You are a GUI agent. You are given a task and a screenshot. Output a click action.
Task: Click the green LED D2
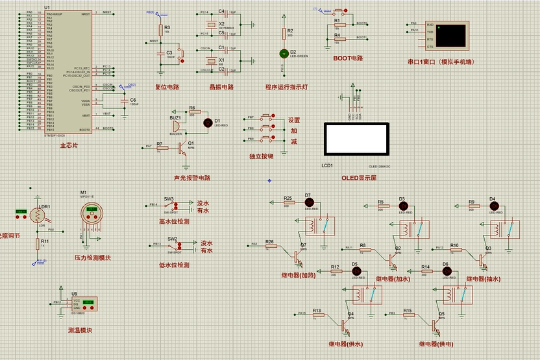click(x=283, y=53)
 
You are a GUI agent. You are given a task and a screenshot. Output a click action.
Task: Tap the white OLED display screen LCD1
click(x=356, y=138)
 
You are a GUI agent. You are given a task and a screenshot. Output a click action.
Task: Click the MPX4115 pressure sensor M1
click(x=92, y=215)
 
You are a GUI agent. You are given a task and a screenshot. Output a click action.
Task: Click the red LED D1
click(x=208, y=121)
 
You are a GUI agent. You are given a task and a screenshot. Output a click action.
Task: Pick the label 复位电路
click(x=167, y=86)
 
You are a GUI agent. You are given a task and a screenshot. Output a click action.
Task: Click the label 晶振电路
click(x=221, y=86)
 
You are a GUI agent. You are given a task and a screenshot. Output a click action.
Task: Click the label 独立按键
click(x=261, y=156)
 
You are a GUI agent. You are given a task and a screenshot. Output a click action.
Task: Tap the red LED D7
click(x=308, y=202)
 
